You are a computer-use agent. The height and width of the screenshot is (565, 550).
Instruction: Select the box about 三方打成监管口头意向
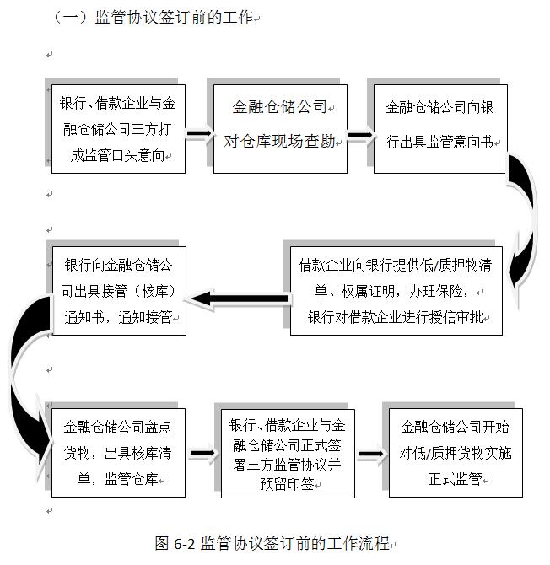tap(118, 129)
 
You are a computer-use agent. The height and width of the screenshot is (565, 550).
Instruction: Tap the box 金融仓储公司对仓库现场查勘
tap(279, 129)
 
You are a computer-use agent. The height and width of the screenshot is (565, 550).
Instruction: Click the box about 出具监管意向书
tap(440, 129)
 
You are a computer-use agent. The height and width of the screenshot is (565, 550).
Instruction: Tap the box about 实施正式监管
tap(455, 453)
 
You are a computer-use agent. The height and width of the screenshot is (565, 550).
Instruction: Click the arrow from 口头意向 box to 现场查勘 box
tap(199, 133)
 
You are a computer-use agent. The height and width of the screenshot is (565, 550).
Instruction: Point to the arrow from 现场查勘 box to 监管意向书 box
tap(360, 133)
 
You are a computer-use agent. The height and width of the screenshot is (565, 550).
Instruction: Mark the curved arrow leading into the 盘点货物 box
tap(25, 379)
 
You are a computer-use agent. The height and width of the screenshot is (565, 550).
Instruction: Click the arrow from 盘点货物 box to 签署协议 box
tap(204, 456)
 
